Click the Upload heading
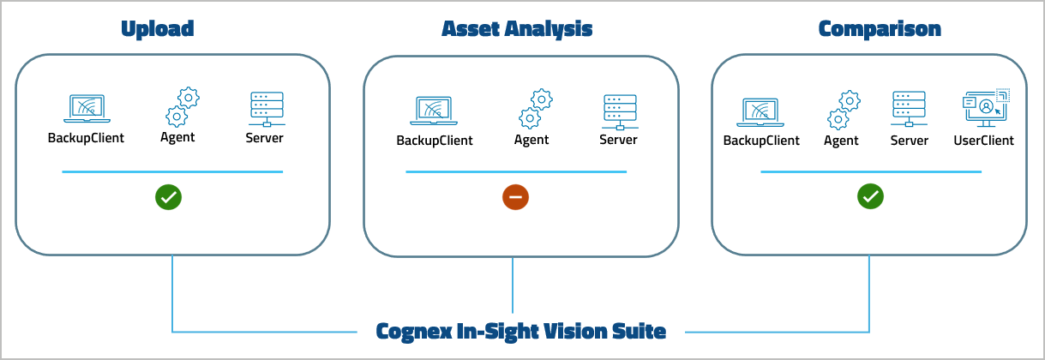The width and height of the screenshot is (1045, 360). click(158, 29)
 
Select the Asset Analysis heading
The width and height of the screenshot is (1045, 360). click(517, 29)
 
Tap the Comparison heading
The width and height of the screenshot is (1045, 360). click(880, 29)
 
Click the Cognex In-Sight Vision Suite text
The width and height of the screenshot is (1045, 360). click(520, 331)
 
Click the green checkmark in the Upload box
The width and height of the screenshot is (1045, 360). click(168, 197)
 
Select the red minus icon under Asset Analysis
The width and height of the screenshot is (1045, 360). click(515, 197)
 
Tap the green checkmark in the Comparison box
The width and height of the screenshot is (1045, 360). click(870, 197)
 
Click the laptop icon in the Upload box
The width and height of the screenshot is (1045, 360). click(86, 108)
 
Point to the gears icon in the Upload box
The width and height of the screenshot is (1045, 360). click(180, 107)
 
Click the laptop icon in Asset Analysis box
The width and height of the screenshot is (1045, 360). click(435, 111)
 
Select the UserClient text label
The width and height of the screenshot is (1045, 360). click(983, 141)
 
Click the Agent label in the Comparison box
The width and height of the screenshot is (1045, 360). click(841, 141)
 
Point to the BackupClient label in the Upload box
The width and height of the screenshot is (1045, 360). click(86, 137)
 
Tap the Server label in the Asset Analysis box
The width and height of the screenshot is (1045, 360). click(618, 140)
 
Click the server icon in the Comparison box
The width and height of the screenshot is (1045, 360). click(909, 110)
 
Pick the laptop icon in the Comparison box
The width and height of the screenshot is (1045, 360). click(761, 111)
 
